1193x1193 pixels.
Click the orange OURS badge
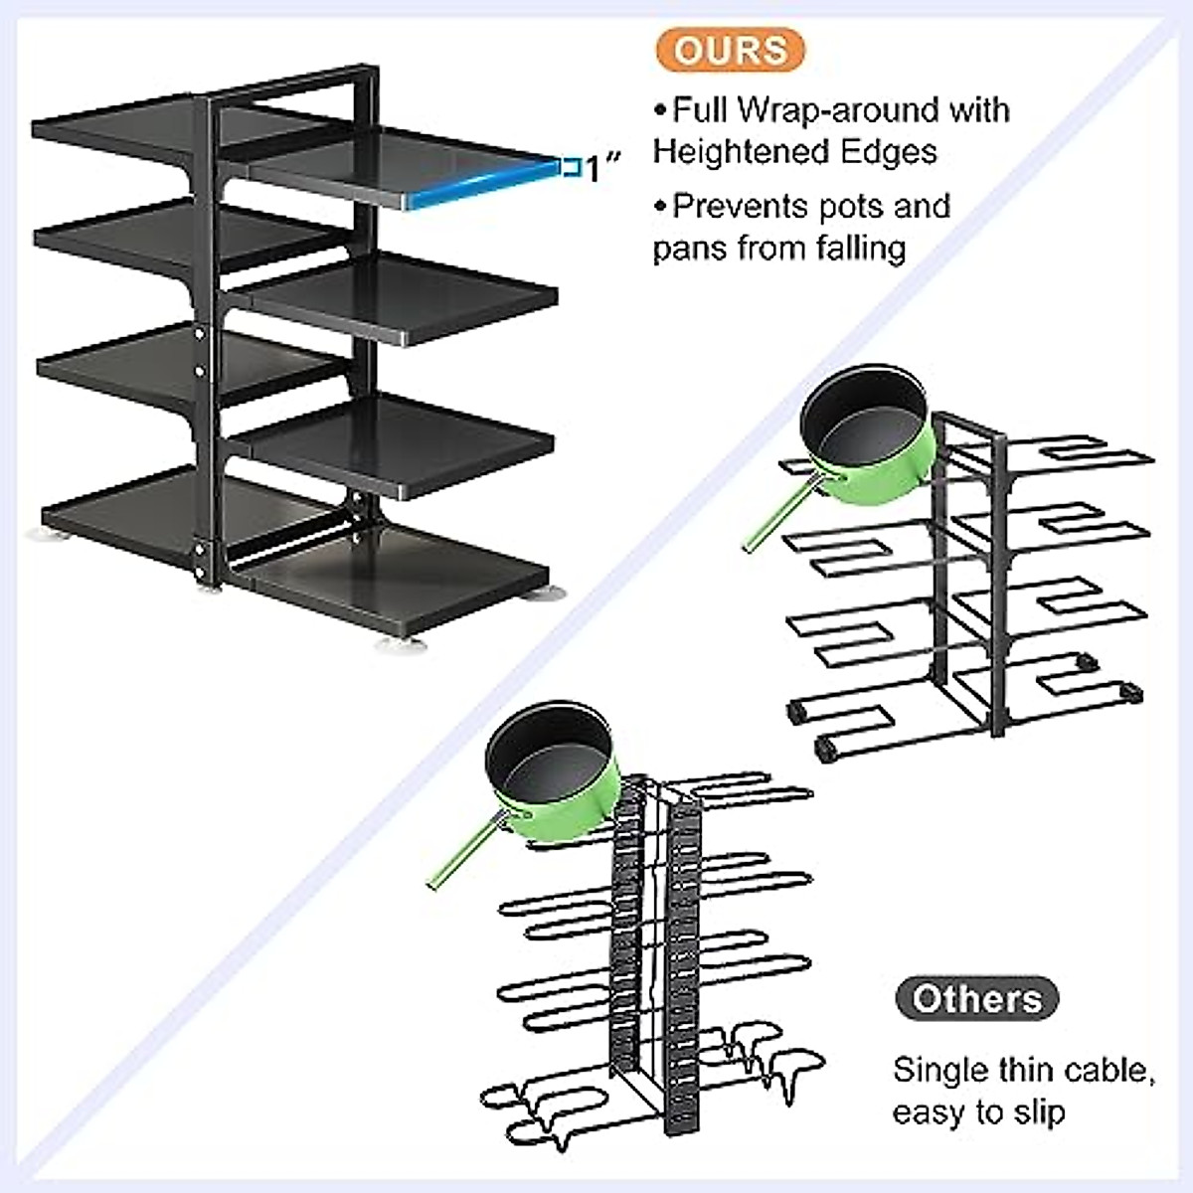(x=731, y=50)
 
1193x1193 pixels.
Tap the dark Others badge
(x=976, y=998)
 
